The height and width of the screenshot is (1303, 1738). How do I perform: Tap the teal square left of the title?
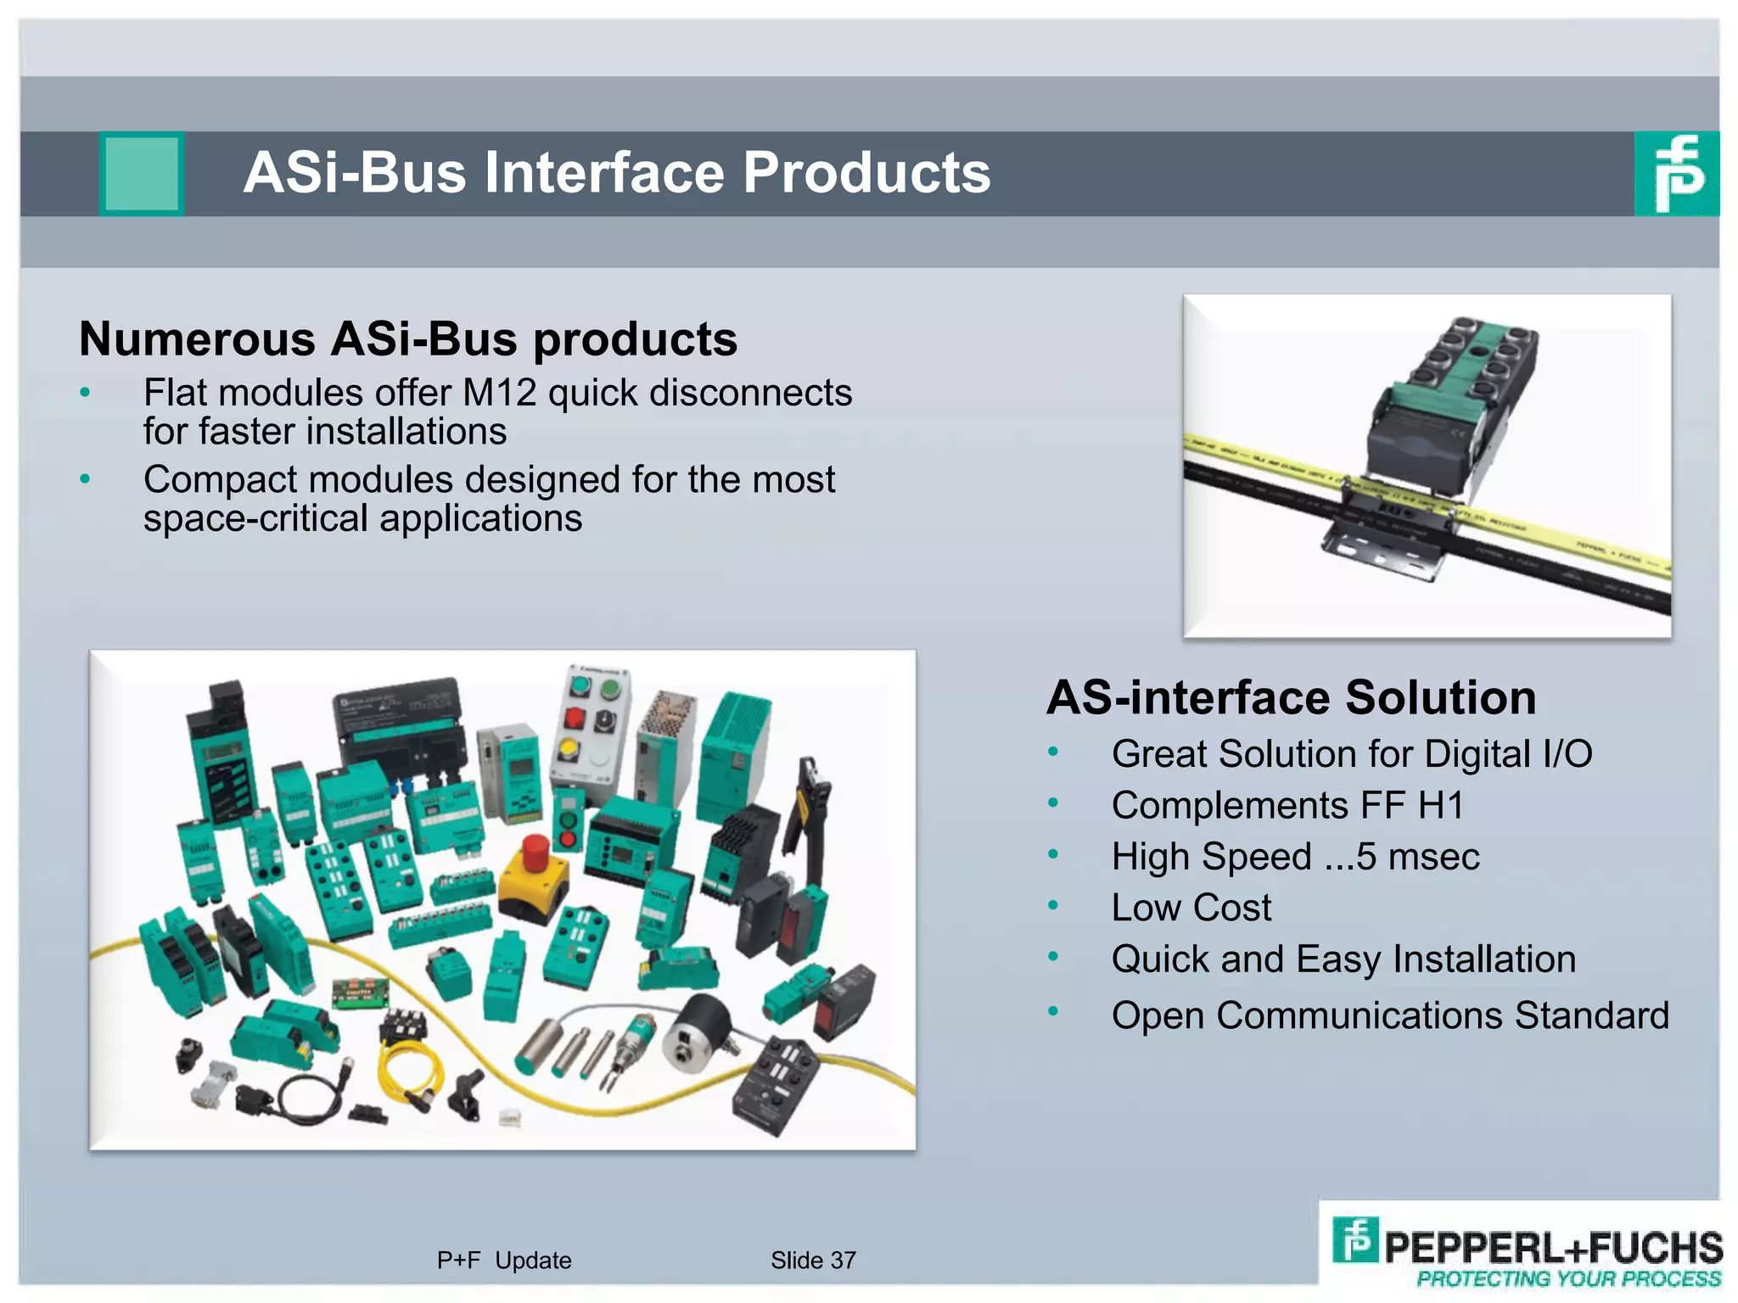pos(142,173)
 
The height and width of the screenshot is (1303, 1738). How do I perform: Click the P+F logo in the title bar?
pos(1677,173)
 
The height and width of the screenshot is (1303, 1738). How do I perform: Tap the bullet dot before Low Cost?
pos(1053,906)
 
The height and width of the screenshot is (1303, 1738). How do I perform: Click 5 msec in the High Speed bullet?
pos(1417,857)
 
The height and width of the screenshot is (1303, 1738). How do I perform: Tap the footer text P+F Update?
pos(504,1261)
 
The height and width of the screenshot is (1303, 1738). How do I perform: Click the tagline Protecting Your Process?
pos(1568,1279)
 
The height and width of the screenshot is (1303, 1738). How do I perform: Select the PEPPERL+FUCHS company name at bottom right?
pos(1553,1247)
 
